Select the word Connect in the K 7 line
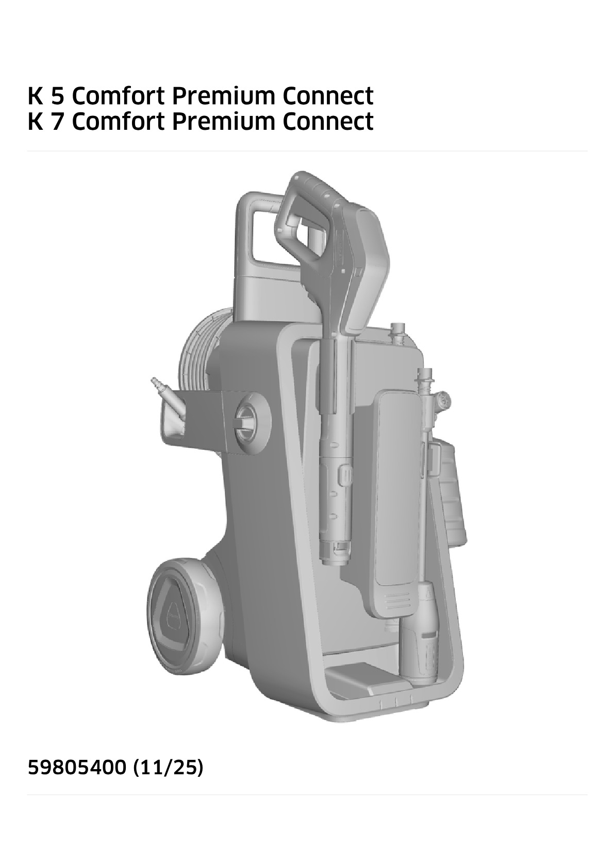328,122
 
